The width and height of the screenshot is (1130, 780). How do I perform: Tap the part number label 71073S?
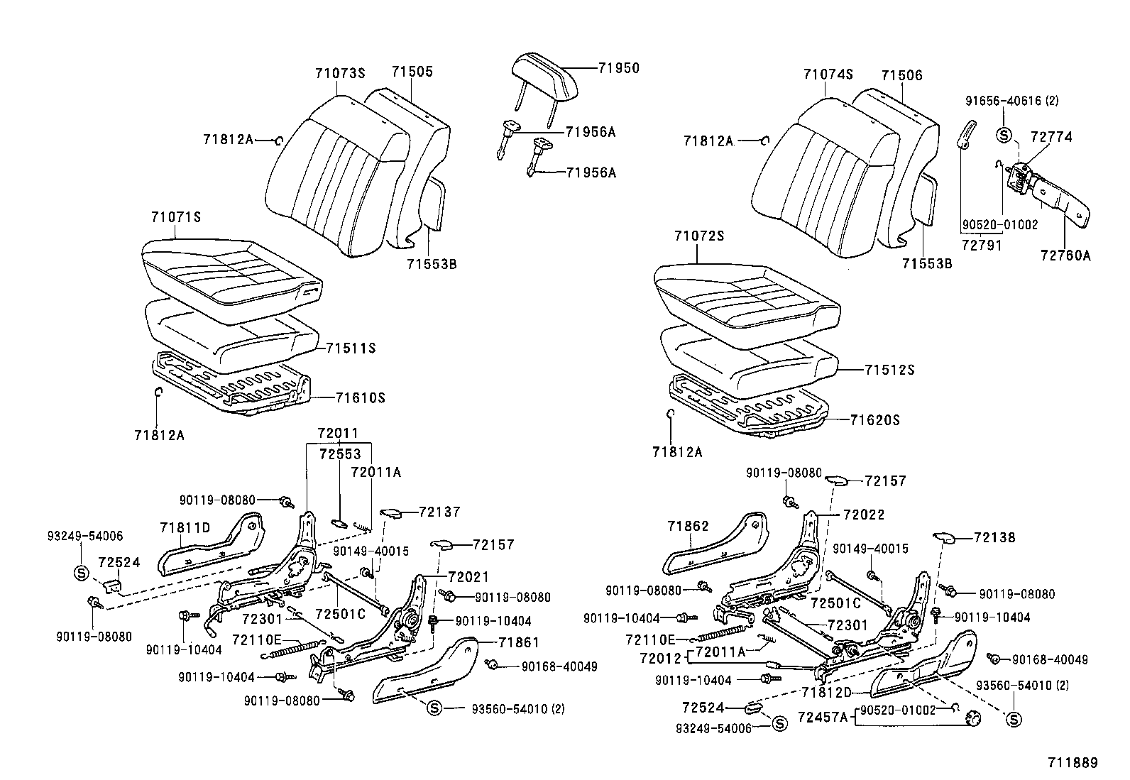(x=339, y=72)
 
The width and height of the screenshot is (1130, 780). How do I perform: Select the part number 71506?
(x=901, y=75)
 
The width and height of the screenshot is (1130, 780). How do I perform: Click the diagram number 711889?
(x=1073, y=763)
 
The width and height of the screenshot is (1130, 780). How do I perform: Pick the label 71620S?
(x=874, y=420)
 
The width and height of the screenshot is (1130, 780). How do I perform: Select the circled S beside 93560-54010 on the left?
(x=435, y=708)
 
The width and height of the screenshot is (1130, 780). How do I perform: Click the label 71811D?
(x=185, y=527)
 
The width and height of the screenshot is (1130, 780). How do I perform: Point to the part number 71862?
(x=688, y=526)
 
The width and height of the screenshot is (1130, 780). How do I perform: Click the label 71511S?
(x=350, y=348)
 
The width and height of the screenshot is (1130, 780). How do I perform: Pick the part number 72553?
(x=339, y=454)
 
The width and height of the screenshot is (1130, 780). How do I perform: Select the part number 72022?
(x=864, y=515)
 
